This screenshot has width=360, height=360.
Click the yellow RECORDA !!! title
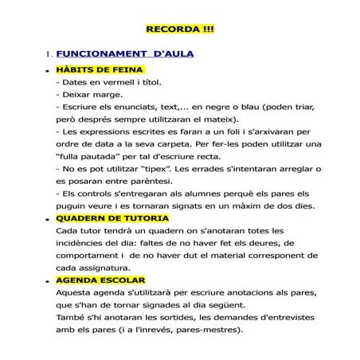[x=180, y=29]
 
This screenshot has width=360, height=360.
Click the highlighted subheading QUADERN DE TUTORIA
[x=112, y=217]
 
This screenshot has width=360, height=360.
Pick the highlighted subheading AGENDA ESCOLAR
[x=100, y=280]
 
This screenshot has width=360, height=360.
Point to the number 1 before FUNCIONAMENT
[x=49, y=55]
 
